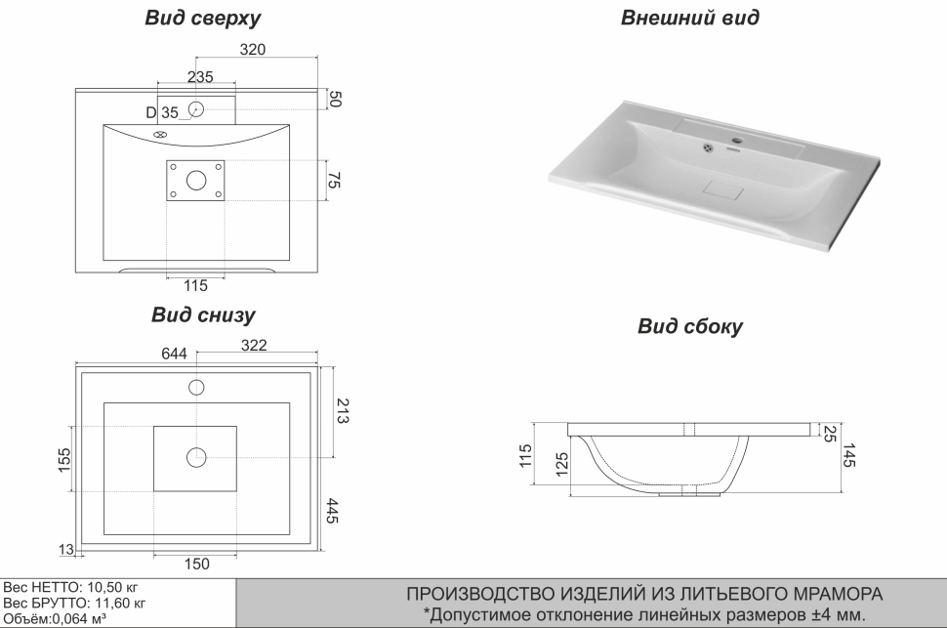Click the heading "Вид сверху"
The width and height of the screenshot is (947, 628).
202,20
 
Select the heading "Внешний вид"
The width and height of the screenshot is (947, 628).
689,18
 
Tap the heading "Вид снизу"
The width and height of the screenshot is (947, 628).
203,315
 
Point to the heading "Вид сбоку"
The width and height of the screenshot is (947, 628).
689,326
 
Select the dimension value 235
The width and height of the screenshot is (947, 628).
200,76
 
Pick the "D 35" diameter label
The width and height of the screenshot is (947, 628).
163,113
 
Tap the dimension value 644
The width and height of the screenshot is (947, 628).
176,355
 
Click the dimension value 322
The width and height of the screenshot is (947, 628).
254,346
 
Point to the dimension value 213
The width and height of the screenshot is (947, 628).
344,411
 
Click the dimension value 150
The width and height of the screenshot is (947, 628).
196,564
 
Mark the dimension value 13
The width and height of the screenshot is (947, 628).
66,550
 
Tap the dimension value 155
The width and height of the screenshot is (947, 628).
63,458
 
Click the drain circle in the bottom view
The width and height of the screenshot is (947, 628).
196,455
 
